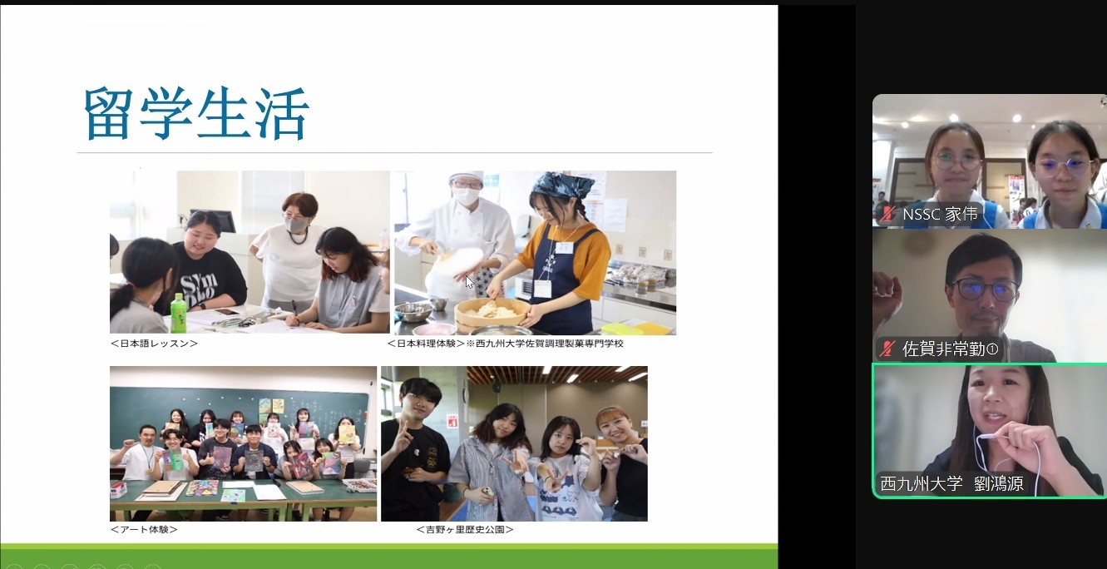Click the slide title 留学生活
click(196, 113)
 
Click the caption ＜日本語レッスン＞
click(154, 344)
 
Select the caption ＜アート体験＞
click(144, 529)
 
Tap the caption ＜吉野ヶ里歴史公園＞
click(465, 529)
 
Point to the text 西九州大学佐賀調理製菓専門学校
click(550, 344)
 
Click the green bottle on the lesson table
click(178, 313)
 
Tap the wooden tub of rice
click(492, 314)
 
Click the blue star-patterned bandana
click(563, 184)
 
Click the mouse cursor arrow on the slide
click(469, 282)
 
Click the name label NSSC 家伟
click(940, 214)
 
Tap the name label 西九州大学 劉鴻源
click(951, 483)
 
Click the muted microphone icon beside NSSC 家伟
click(888, 214)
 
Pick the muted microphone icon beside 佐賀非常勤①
click(888, 349)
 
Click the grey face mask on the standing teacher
click(297, 225)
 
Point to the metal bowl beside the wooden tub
click(413, 311)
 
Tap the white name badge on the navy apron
click(564, 247)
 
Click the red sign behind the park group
click(452, 421)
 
